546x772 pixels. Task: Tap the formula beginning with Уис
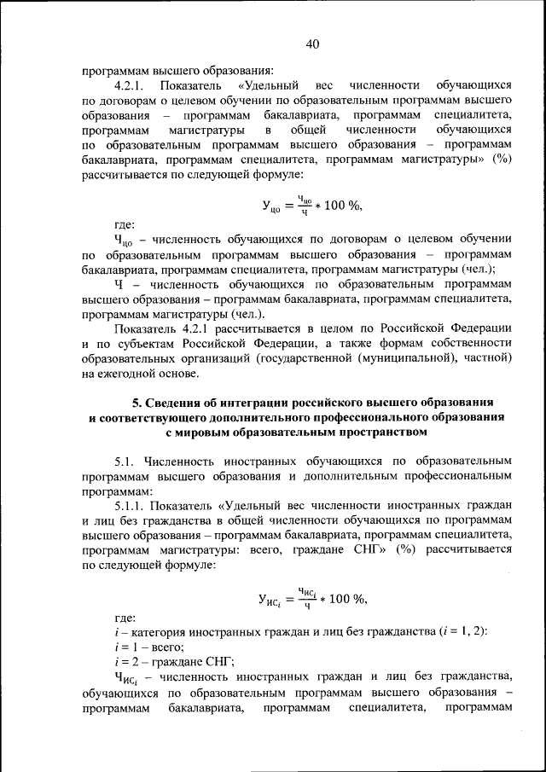312,597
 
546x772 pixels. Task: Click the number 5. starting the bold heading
136,401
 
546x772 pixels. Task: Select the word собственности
468,343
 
